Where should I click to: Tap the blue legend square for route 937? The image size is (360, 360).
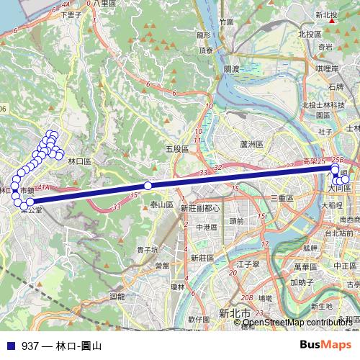pos(10,346)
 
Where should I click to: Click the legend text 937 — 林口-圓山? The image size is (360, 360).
pos(61,346)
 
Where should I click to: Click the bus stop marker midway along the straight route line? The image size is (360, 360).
pos(148,186)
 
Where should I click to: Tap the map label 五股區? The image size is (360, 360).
pos(176,149)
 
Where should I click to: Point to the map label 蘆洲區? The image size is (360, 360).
pos(253,144)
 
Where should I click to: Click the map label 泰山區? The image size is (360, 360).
pos(163,205)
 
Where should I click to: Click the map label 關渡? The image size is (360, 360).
pos(231,69)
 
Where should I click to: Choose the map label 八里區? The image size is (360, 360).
pos(104,4)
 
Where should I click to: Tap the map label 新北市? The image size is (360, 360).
pos(235,313)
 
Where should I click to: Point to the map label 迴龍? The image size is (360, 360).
pos(117,295)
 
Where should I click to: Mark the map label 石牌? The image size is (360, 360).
pos(336,86)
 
